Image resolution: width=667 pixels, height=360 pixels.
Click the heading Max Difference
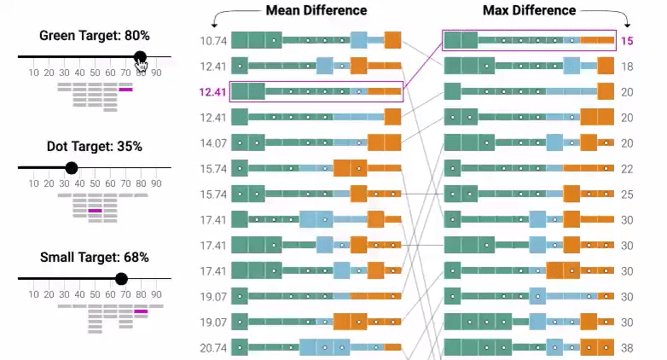pos(529,11)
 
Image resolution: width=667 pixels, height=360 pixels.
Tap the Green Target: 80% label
pos(95,36)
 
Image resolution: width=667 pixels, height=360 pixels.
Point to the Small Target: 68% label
pos(95,258)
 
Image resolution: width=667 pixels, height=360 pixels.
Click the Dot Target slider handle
pos(72,168)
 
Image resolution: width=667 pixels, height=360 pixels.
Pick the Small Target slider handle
pos(121,279)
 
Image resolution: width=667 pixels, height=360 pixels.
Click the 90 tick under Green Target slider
pos(156,73)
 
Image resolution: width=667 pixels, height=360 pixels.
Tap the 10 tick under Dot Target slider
pos(33,183)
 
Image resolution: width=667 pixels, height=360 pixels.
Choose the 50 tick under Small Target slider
pos(95,294)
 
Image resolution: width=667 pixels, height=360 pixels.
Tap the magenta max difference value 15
pos(627,41)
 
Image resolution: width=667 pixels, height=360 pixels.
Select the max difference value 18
pos(627,67)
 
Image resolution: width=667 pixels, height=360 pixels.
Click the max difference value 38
pos(627,348)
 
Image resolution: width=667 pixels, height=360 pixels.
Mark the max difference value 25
pos(627,195)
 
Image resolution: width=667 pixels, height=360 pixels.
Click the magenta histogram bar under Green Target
pos(125,89)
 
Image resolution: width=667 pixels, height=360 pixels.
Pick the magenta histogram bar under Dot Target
pos(95,210)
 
